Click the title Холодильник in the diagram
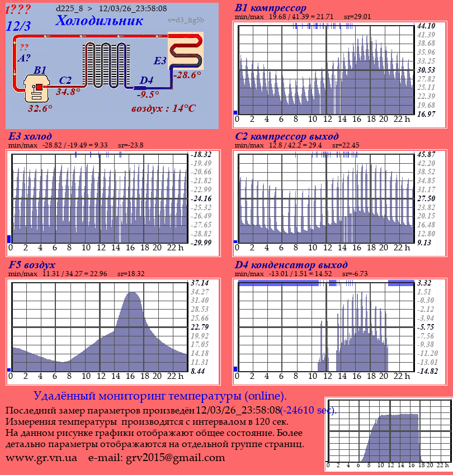pyautogui.click(x=100, y=21)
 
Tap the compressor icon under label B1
pyautogui.click(x=37, y=89)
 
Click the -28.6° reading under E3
pyautogui.click(x=187, y=75)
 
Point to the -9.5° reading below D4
pyautogui.click(x=148, y=95)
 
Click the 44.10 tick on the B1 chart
pyautogui.click(x=426, y=26)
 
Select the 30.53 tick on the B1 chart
pyautogui.click(x=426, y=70)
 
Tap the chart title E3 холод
pyautogui.click(x=30, y=136)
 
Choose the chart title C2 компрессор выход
pyautogui.click(x=286, y=136)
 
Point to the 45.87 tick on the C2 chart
pyautogui.click(x=426, y=154)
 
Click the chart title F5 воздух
pyautogui.click(x=32, y=264)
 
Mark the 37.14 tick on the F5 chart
pyautogui.click(x=200, y=283)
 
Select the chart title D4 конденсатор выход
pyautogui.click(x=291, y=264)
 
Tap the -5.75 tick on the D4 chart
pyautogui.click(x=426, y=327)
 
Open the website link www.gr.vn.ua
pyautogui.click(x=41, y=458)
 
